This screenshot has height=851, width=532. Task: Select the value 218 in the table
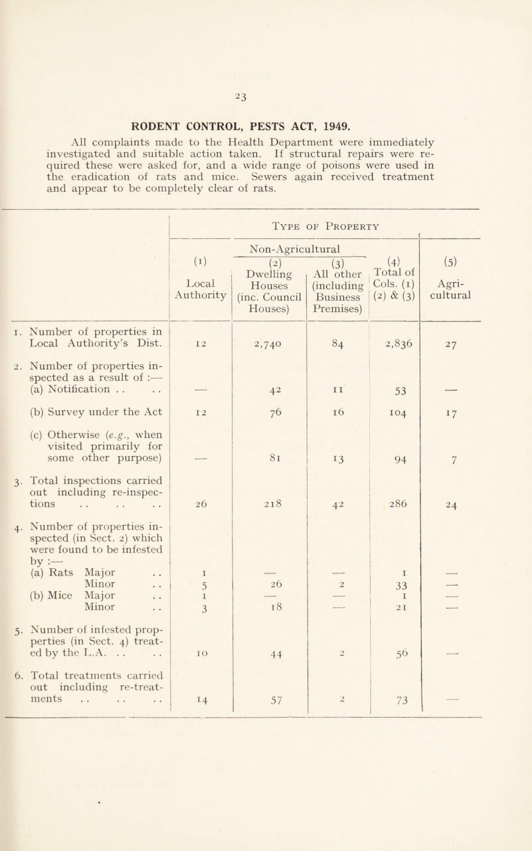[268, 520]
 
